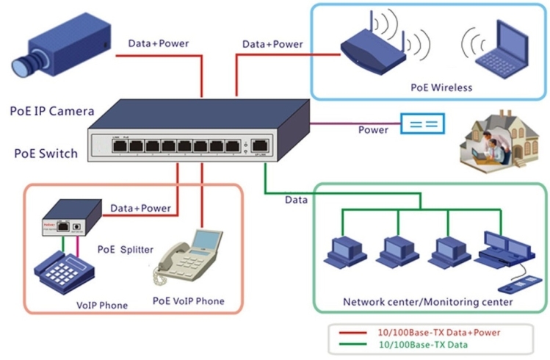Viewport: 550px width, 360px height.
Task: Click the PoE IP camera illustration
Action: (x=62, y=48)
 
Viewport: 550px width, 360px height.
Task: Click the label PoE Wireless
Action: (x=441, y=87)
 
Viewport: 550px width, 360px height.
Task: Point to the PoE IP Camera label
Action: (x=51, y=112)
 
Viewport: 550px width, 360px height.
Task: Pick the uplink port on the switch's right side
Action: (x=258, y=145)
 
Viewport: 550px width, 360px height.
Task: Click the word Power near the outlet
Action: (x=373, y=130)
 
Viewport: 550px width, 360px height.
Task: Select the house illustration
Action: (x=497, y=140)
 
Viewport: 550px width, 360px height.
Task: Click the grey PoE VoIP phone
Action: (x=186, y=259)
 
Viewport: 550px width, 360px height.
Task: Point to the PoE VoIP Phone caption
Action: (x=188, y=301)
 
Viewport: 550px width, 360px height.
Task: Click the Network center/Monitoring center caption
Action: (x=428, y=302)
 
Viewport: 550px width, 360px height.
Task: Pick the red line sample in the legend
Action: (x=353, y=332)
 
